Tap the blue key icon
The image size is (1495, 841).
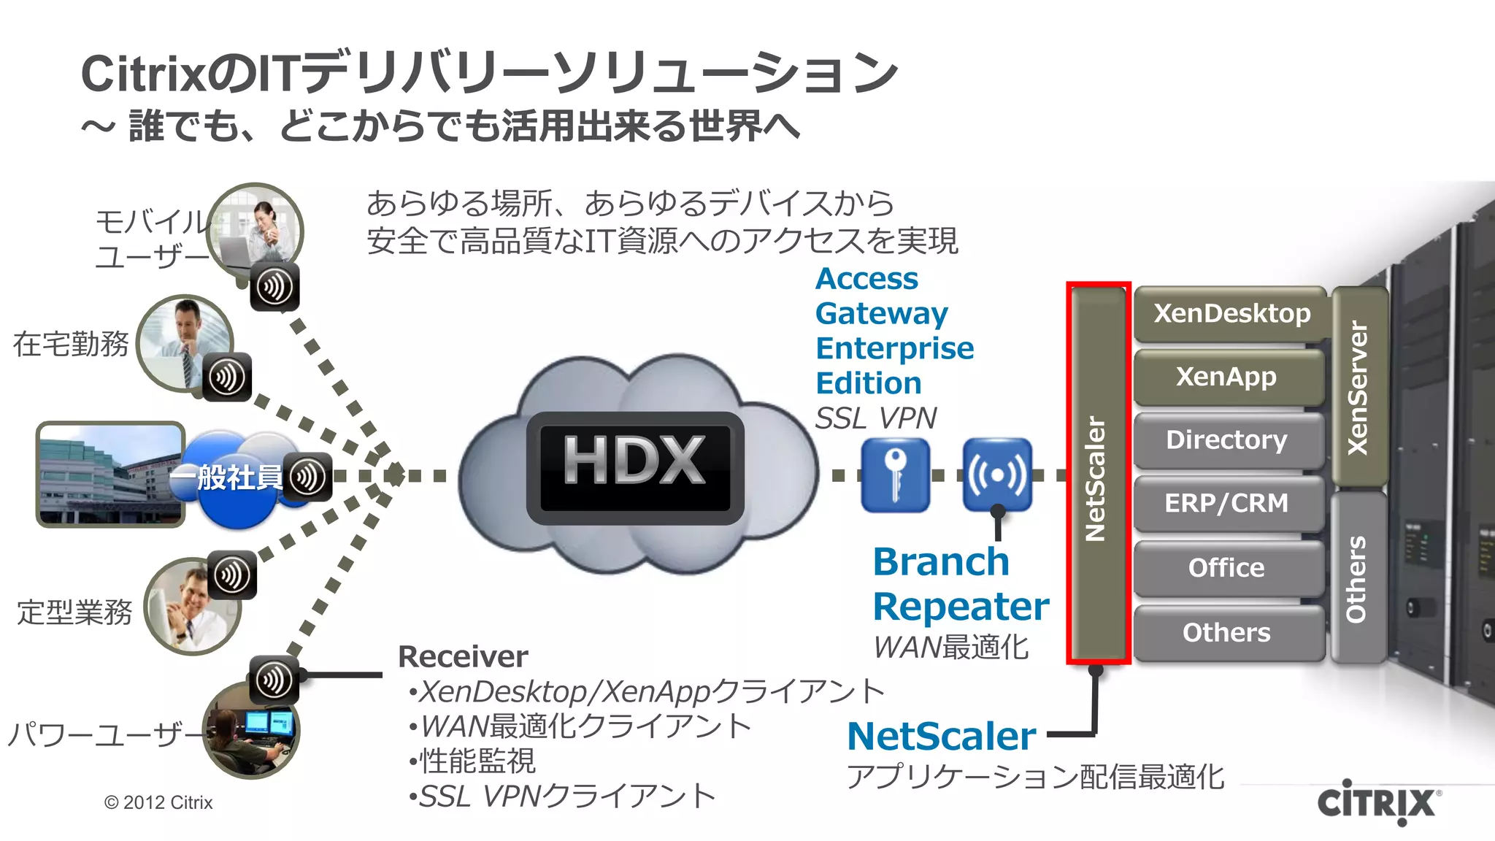[x=895, y=475]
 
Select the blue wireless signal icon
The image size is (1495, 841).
[x=997, y=475]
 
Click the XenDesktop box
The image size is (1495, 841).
[x=1231, y=314]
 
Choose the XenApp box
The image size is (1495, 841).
[x=1226, y=377]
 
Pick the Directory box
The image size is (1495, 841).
[x=1226, y=440]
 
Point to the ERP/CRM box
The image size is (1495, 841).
[x=1226, y=504]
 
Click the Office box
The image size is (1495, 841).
[x=1226, y=568]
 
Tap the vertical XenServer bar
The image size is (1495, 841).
[x=1358, y=387]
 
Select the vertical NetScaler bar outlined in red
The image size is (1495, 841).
[x=1097, y=475]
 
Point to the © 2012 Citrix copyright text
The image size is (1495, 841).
[x=158, y=803]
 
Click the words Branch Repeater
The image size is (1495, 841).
[x=959, y=584]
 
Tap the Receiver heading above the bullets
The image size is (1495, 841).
[x=463, y=657]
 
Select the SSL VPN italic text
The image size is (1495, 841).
[x=875, y=418]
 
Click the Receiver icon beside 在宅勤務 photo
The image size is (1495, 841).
[x=226, y=377]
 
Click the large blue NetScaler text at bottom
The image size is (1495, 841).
[x=942, y=736]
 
